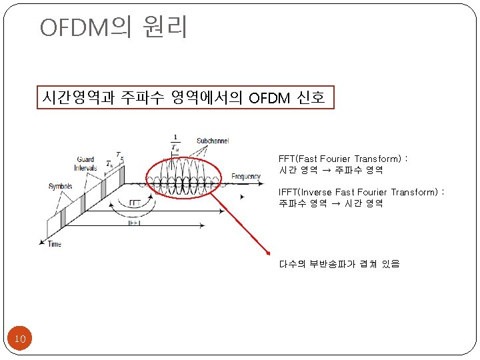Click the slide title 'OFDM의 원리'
[114, 27]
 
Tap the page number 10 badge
[20, 339]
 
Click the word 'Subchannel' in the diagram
[214, 141]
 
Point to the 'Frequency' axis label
[246, 177]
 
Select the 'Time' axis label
[54, 244]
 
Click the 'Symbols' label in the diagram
[60, 186]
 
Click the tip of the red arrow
[268, 254]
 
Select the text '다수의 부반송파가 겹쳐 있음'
[339, 264]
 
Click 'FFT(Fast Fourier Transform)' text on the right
[341, 159]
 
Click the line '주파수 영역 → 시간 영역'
[331, 203]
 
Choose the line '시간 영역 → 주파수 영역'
[331, 170]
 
